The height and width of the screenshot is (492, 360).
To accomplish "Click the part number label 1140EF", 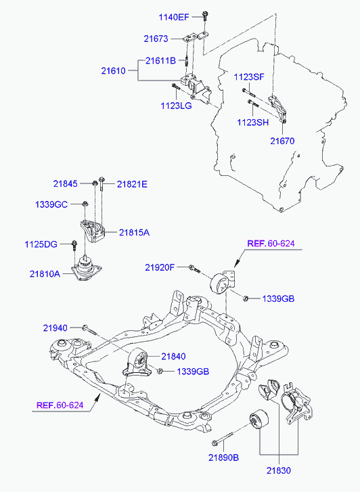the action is tap(173, 17).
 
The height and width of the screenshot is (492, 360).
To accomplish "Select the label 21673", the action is tap(156, 39).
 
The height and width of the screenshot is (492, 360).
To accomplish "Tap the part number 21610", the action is tap(113, 70).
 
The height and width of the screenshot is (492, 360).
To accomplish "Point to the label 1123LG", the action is tap(176, 106).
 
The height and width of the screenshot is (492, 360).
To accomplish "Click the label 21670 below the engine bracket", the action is tap(282, 141).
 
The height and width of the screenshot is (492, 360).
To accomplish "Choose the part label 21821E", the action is tap(132, 184).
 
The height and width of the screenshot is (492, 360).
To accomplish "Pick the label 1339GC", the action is tap(51, 204).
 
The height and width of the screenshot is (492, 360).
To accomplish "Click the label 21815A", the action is tap(134, 233).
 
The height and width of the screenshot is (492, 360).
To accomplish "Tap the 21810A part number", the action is tap(45, 274).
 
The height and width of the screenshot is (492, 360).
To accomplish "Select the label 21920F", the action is tap(160, 267).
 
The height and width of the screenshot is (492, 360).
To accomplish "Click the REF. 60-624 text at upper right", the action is tap(271, 243).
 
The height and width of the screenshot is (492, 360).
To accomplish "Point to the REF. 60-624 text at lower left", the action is tap(60, 405).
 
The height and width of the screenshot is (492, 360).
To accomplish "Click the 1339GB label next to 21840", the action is tap(193, 372).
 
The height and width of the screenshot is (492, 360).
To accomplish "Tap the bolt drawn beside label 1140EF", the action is tap(205, 16).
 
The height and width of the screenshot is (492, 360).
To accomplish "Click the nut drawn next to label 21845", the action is tap(94, 183).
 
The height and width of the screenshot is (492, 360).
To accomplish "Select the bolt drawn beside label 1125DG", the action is tap(74, 245).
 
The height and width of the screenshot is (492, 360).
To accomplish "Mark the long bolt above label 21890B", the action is tap(223, 439).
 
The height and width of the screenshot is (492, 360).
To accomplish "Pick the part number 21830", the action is tap(279, 470).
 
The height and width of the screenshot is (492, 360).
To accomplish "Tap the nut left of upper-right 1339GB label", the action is tap(246, 298).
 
